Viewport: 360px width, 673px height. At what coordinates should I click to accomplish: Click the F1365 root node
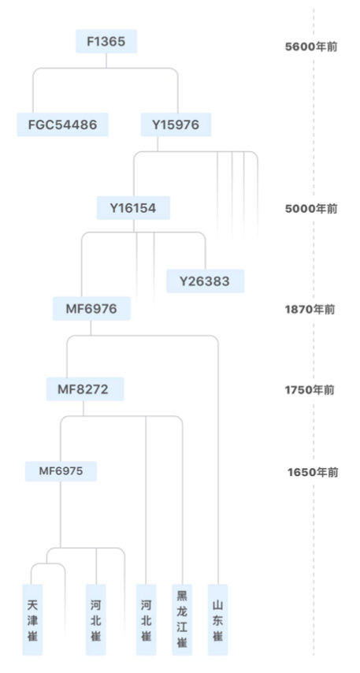coord(106,41)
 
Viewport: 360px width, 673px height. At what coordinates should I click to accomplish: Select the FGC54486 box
coord(63,125)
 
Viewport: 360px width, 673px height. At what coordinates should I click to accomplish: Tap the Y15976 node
coord(176,125)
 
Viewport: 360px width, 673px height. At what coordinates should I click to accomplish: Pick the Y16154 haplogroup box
coord(133,208)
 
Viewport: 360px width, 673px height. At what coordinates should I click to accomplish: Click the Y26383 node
coord(205,281)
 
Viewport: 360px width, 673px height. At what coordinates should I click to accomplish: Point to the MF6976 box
coord(91,308)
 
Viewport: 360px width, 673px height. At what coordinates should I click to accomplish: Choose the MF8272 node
coord(85,389)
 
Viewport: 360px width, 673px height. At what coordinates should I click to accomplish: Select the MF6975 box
coord(61,471)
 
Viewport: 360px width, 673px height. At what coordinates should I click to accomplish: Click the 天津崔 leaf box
coord(32,619)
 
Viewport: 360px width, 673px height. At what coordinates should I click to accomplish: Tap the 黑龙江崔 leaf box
coord(182,619)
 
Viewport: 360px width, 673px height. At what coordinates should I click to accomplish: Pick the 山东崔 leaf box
coord(218,619)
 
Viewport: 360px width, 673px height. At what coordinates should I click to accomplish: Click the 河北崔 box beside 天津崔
coord(95,619)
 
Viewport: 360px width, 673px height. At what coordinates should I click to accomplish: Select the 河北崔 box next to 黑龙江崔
coord(147,619)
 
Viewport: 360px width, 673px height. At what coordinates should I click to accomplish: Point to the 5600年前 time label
coord(311,46)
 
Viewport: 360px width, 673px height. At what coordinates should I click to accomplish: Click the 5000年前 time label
coord(311,209)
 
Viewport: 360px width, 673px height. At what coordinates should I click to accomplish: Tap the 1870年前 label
coord(310,309)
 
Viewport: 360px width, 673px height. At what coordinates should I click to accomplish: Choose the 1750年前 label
coord(310,390)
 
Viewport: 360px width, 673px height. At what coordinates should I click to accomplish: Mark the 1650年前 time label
coord(313,472)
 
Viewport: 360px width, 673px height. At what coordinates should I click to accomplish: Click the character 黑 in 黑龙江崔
coord(182,595)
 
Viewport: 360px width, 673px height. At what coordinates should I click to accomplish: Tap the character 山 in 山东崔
coord(218,605)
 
